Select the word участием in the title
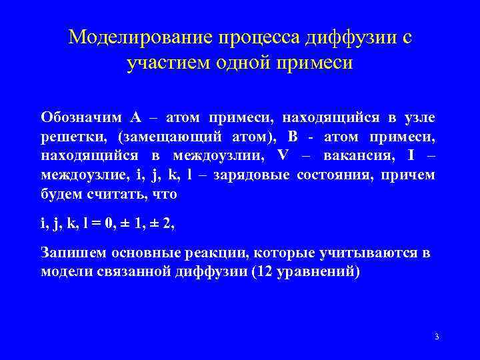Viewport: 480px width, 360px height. pyautogui.click(x=164, y=65)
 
